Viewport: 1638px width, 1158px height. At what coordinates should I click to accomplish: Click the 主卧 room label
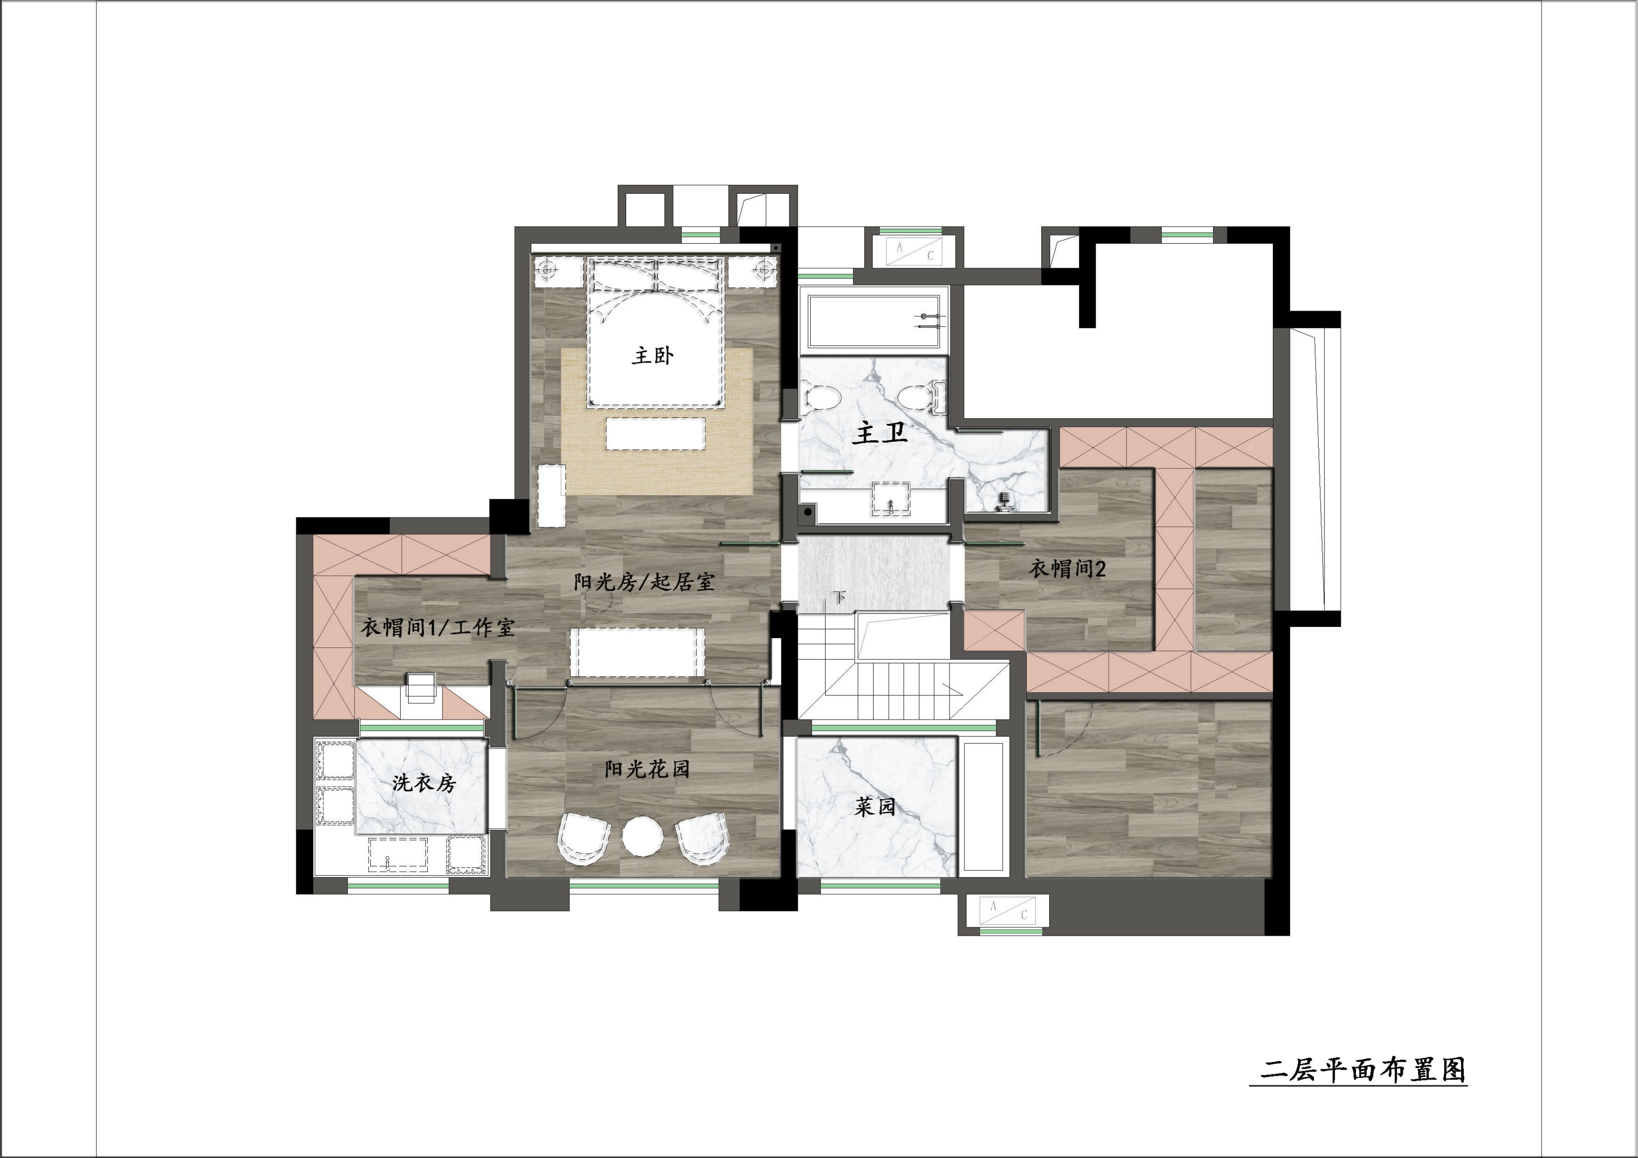[x=652, y=355]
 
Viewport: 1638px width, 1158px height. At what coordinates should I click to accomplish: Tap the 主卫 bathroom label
[x=880, y=432]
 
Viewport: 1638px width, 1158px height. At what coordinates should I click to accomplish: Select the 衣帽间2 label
[x=1067, y=568]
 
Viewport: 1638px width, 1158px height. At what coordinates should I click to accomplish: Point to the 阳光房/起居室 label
[x=643, y=582]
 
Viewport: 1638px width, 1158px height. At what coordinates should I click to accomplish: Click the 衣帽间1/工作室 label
[x=437, y=627]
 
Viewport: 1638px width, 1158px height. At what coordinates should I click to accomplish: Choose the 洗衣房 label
[x=424, y=783]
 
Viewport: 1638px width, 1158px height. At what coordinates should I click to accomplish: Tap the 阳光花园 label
[x=647, y=769]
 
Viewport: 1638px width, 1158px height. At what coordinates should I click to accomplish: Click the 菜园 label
[x=875, y=807]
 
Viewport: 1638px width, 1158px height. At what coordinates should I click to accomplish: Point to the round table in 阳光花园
[x=643, y=837]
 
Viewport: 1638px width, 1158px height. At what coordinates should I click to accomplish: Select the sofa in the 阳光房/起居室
[x=637, y=652]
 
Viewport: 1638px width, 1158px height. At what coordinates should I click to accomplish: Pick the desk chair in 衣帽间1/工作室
[x=420, y=687]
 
